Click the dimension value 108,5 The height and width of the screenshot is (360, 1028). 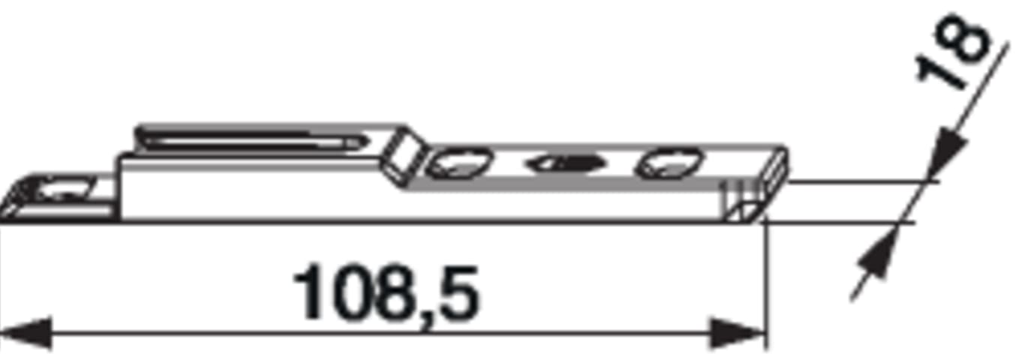point(386,293)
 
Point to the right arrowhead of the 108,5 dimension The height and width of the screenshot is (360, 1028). point(738,332)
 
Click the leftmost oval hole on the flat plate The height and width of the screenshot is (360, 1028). point(459,163)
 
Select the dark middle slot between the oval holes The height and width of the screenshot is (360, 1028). point(567,163)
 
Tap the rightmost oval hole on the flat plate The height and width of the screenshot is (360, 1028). point(668,162)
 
